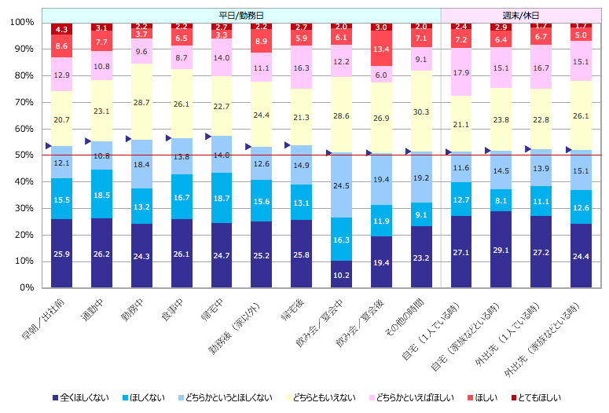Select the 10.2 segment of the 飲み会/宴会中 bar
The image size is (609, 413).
342,274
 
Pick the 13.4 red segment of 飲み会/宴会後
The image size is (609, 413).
382,49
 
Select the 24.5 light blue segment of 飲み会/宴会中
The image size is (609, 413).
342,185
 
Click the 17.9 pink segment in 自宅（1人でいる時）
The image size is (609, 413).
462,75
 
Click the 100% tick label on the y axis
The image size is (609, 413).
21,23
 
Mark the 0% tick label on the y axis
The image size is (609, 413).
26,287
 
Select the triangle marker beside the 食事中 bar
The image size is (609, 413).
168,137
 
